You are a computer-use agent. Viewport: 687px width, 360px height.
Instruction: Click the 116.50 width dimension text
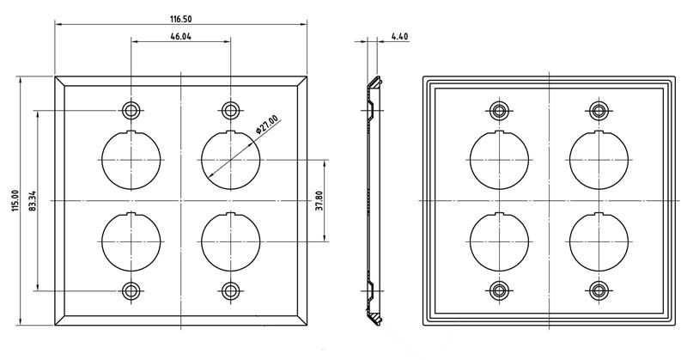tap(181, 19)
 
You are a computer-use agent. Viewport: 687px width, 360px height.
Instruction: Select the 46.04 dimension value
tap(181, 36)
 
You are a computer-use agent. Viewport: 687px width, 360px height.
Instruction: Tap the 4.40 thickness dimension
tap(399, 36)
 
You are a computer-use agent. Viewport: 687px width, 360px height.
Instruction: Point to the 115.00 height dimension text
tap(15, 201)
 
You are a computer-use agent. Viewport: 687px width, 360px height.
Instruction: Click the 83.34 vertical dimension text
tap(32, 201)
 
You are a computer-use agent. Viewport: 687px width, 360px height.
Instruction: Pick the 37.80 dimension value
tap(319, 201)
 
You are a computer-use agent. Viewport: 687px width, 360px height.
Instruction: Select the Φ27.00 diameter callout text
tap(266, 124)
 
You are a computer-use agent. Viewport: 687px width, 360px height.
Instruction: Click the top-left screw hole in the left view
tap(131, 110)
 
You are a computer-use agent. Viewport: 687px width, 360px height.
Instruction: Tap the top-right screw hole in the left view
tap(230, 110)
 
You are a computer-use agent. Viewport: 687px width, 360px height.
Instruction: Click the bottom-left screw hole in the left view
tap(131, 290)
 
